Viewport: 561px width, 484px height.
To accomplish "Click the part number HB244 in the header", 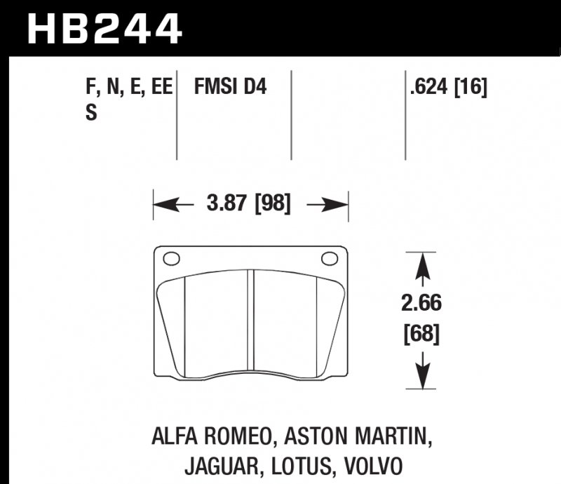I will tap(104, 29).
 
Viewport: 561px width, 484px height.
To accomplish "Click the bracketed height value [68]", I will tap(421, 335).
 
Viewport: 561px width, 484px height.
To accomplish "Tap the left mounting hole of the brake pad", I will tap(171, 259).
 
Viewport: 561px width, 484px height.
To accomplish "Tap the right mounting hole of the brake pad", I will tap(329, 259).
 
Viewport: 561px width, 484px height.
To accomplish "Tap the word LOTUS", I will tap(294, 466).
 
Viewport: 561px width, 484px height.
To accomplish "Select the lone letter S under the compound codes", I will tap(90, 112).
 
